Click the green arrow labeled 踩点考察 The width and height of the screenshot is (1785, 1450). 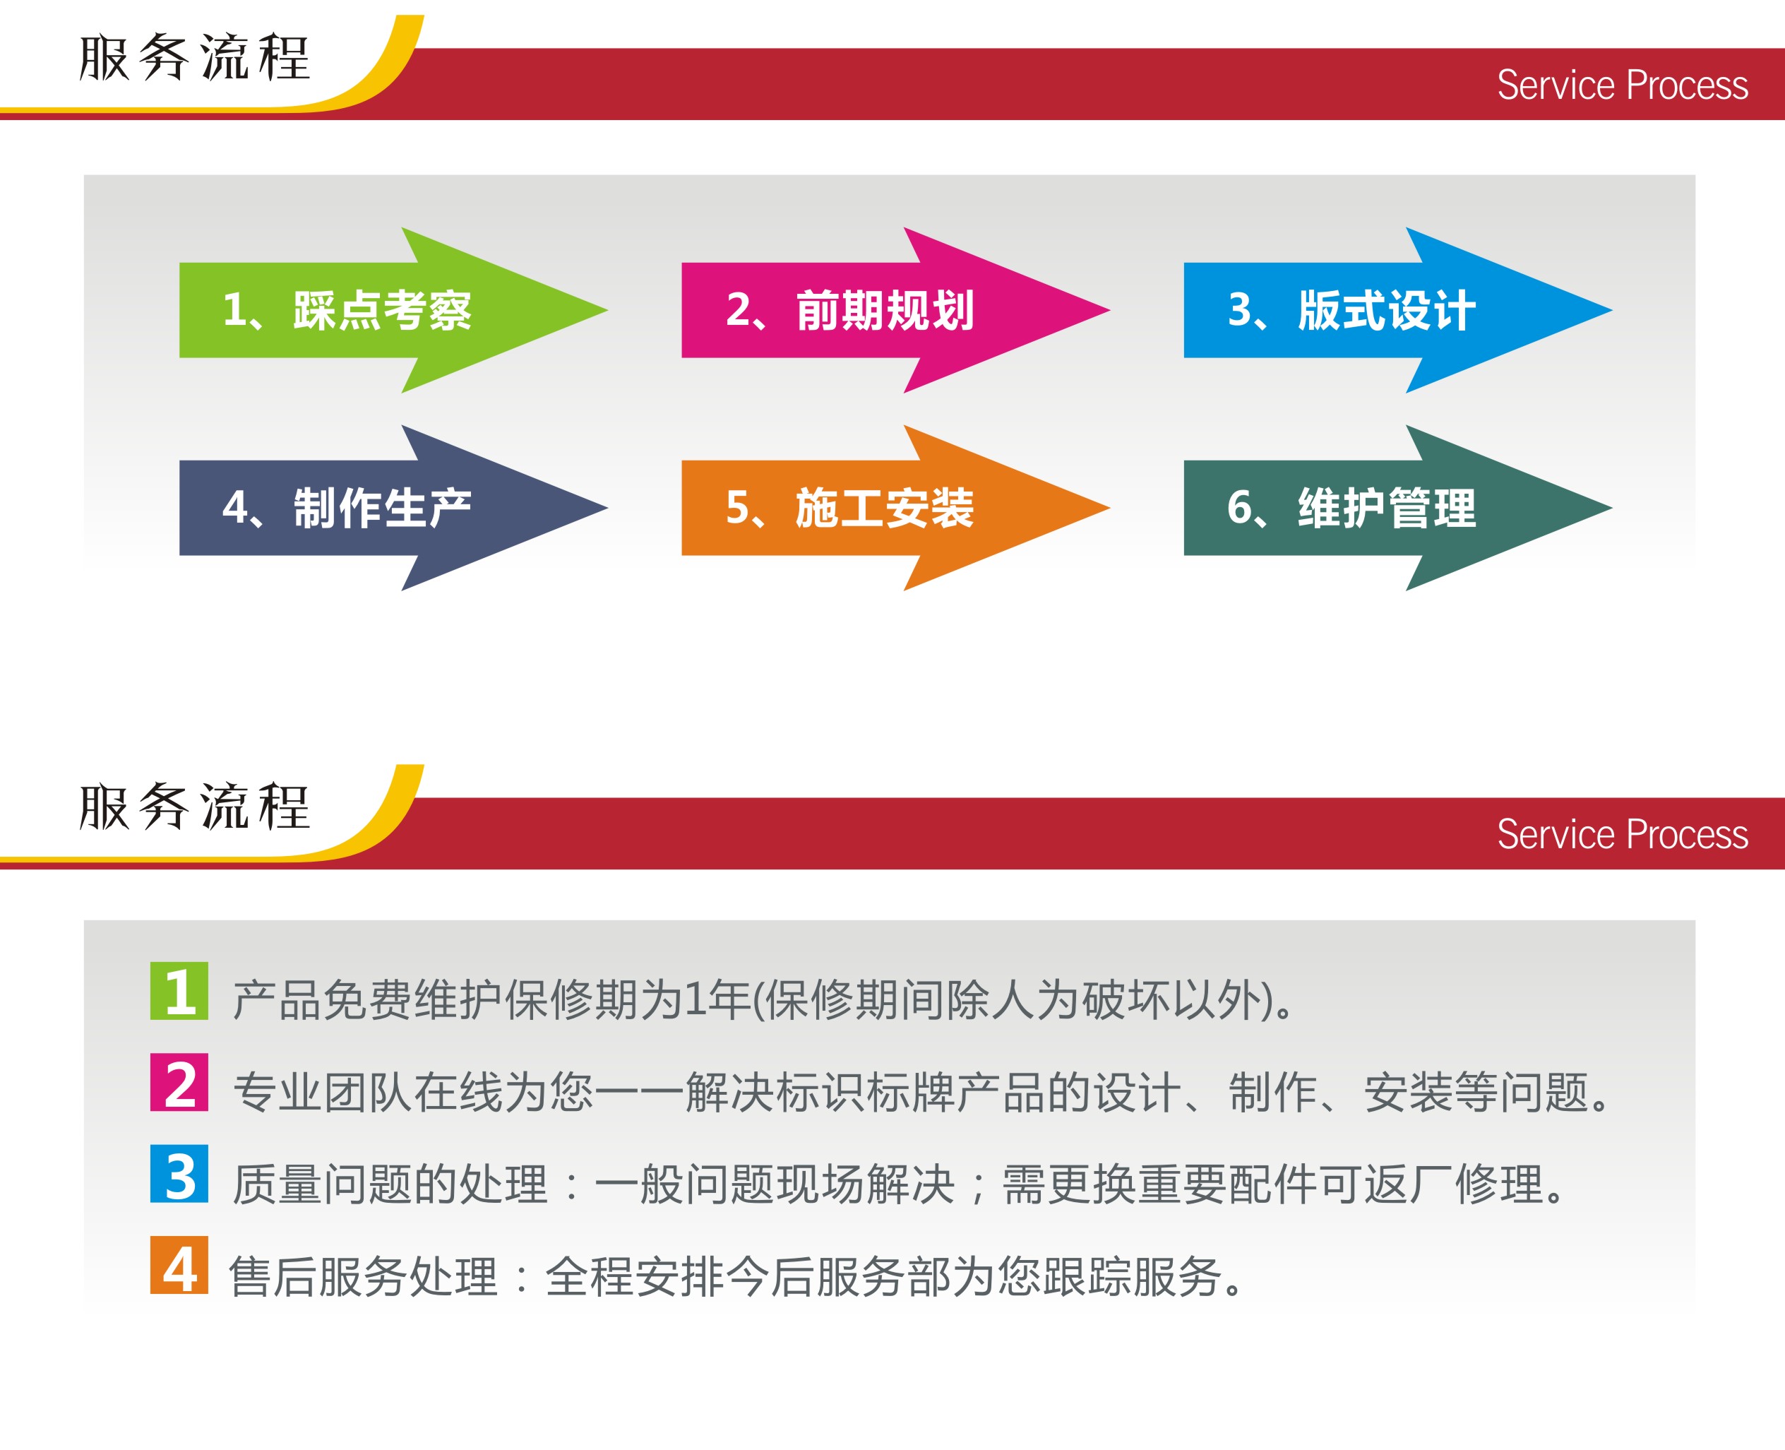tap(393, 310)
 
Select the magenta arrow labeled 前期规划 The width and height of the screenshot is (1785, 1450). tap(896, 310)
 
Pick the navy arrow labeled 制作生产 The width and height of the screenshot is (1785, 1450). tap(393, 508)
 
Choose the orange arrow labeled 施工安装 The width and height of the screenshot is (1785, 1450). tap(896, 508)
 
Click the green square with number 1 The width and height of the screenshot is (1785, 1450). tap(179, 991)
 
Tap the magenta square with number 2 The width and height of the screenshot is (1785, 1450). tap(179, 1083)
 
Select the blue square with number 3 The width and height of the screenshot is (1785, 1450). tap(179, 1174)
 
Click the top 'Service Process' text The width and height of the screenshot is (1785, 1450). tap(1622, 85)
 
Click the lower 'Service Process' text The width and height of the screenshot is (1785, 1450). tap(1622, 834)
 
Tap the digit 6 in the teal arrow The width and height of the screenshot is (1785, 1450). tap(1240, 507)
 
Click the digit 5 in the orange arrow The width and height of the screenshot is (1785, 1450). tap(738, 507)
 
